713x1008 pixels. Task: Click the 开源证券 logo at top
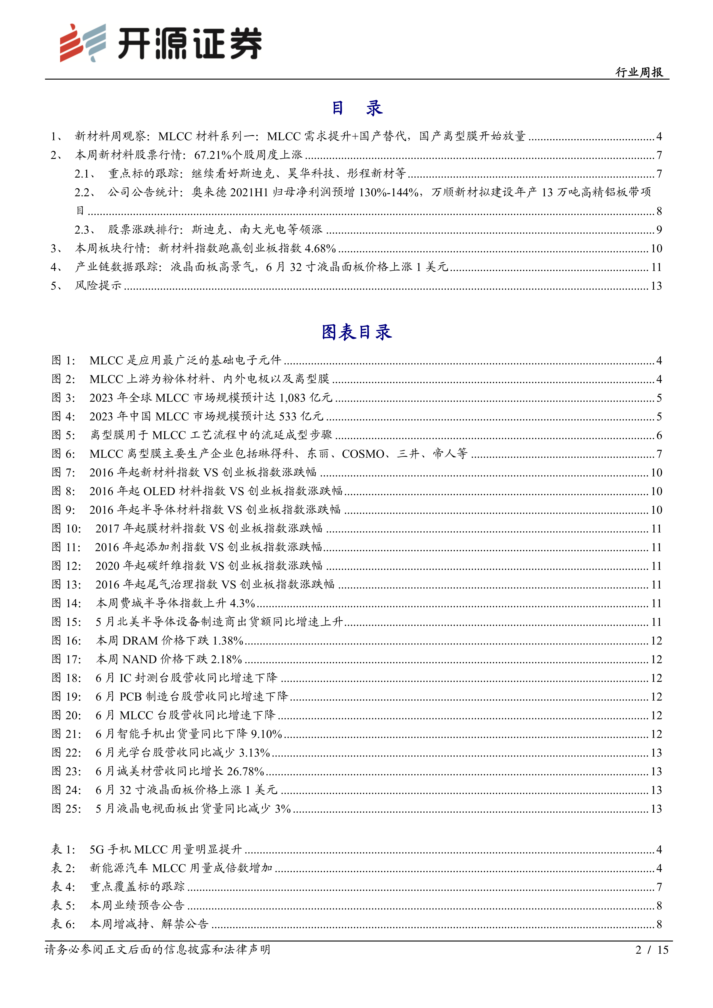[161, 43]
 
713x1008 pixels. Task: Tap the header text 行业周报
[639, 72]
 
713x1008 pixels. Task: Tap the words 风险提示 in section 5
[98, 286]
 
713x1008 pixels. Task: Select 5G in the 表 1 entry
[97, 849]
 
